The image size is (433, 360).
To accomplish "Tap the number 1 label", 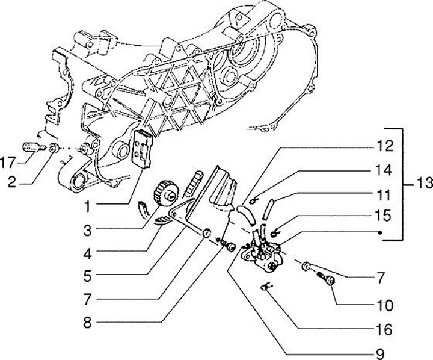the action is click(x=88, y=206).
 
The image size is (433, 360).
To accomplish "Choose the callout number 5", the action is click(x=88, y=276).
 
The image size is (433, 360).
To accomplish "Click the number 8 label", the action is click(x=88, y=321).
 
